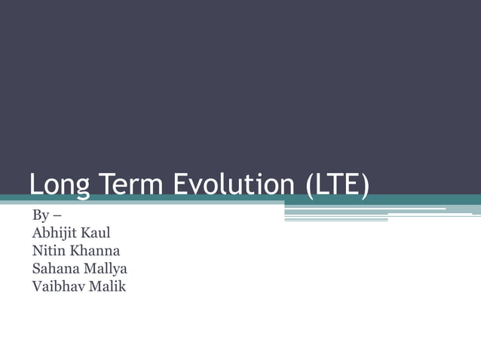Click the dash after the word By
[57, 217]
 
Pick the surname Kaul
[97, 233]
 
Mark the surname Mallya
[106, 268]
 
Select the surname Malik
[108, 285]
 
